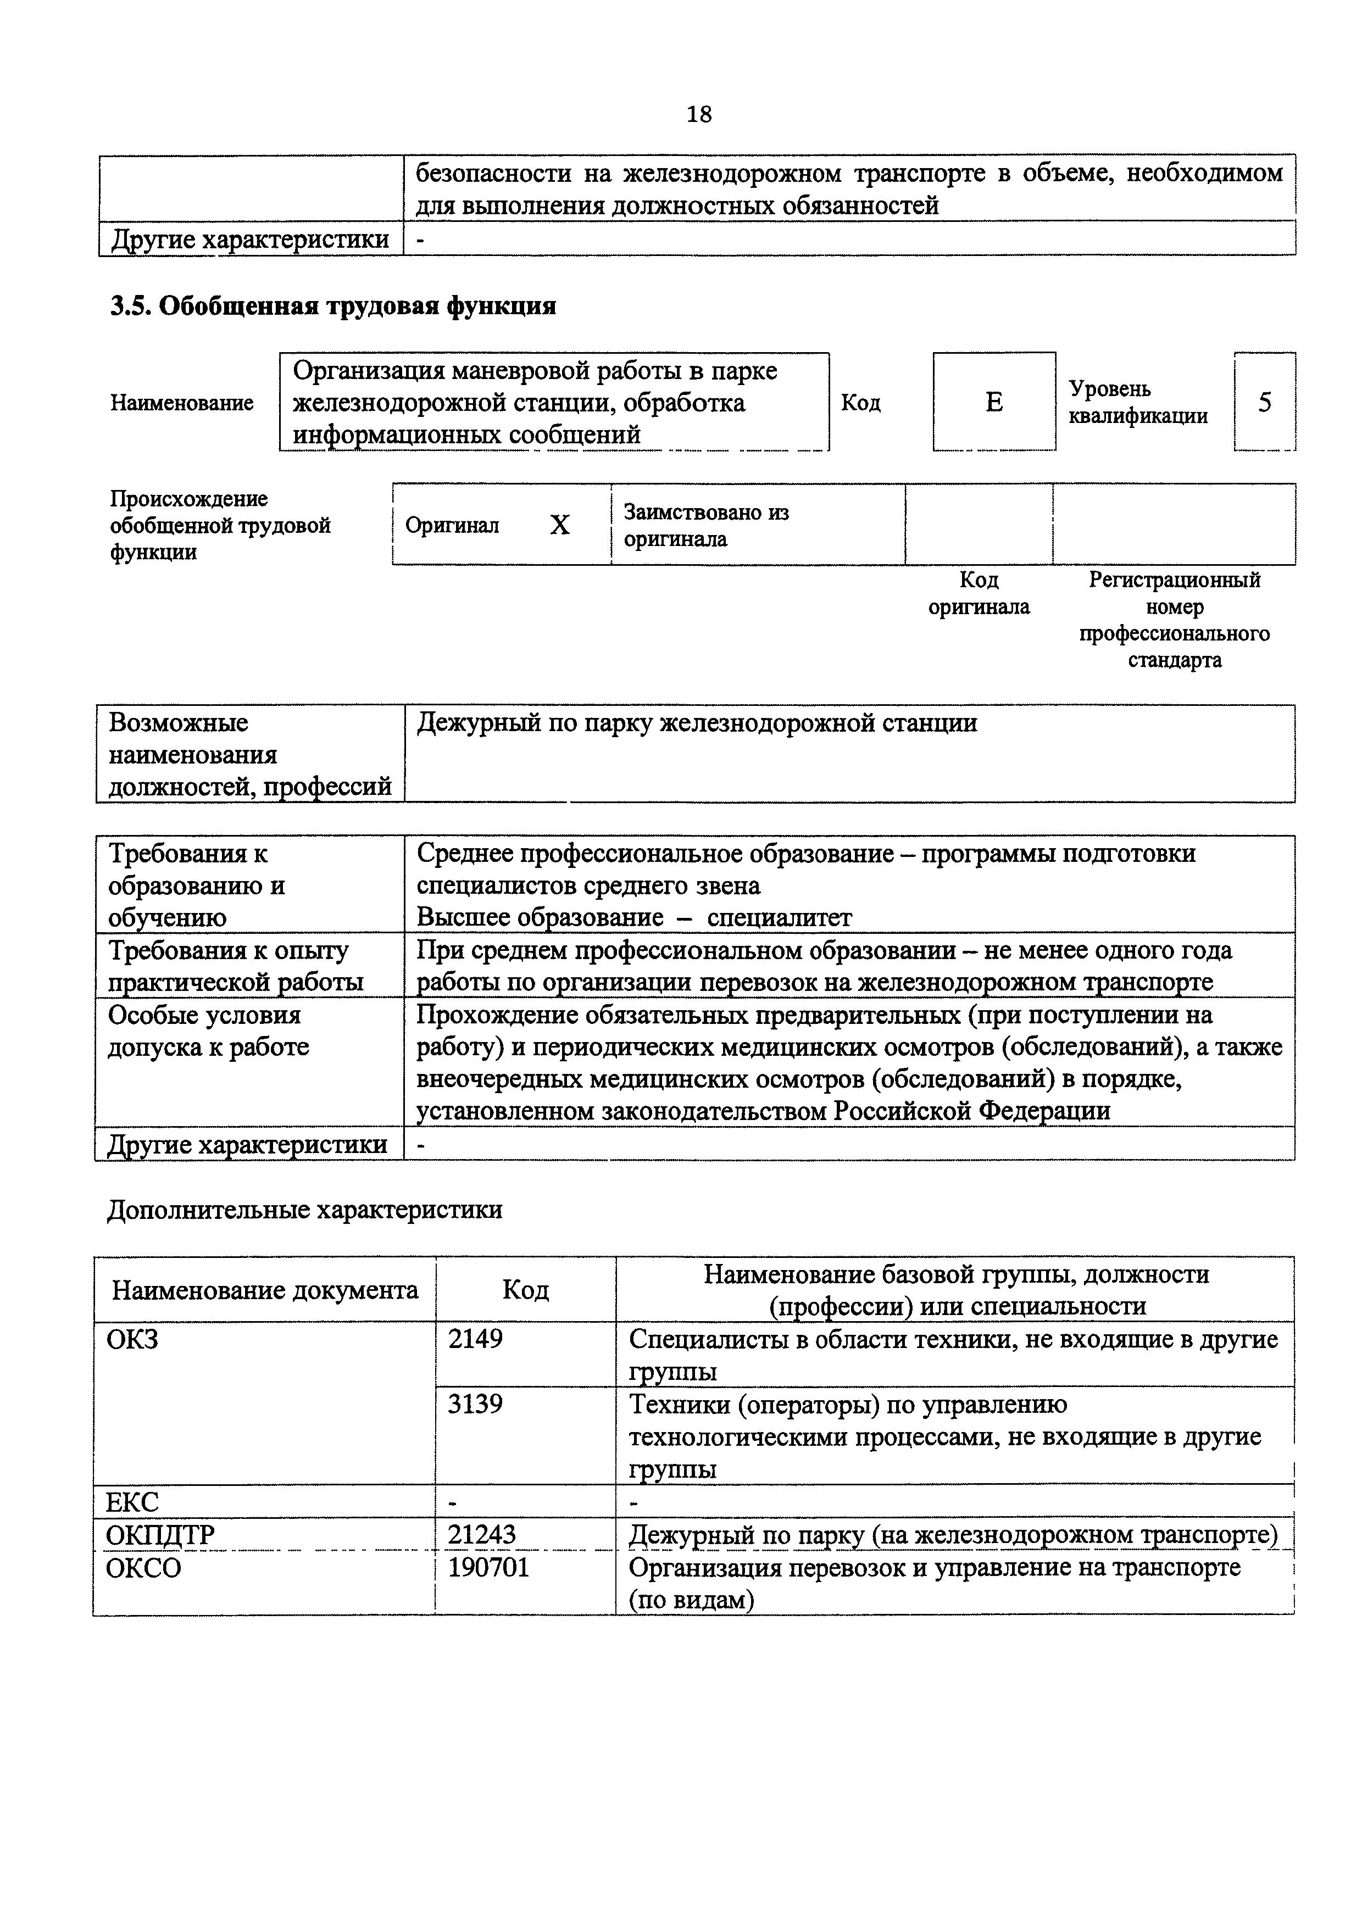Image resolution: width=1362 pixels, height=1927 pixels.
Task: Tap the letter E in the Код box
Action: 993,403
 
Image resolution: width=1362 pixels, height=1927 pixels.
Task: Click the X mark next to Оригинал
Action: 560,525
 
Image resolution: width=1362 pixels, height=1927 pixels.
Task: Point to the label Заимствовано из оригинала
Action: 706,525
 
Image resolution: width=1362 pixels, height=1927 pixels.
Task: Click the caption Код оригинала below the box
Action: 979,593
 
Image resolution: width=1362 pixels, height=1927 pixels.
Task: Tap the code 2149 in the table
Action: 475,1339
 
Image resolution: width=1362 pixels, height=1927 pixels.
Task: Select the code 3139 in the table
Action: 475,1404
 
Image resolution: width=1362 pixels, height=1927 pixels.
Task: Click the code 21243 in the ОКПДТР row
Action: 482,1535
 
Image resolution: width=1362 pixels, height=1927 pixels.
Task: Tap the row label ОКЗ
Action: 132,1339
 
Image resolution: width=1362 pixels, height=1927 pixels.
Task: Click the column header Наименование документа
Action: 265,1290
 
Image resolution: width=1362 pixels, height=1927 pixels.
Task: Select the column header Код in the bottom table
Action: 525,1290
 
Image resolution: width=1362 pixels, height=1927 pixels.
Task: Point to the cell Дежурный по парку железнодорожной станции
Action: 697,723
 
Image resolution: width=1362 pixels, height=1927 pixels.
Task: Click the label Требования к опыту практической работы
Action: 235,966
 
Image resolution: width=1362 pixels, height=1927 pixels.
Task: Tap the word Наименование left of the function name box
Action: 181,403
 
